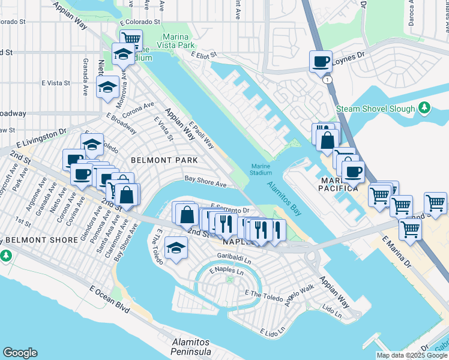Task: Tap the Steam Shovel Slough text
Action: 376,109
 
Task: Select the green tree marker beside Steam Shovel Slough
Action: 425,108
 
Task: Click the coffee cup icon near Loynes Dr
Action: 321,61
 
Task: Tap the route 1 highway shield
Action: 327,79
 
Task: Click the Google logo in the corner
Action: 20,353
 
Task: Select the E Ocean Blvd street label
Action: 110,299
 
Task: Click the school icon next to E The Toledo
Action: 175,248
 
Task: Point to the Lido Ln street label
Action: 331,311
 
